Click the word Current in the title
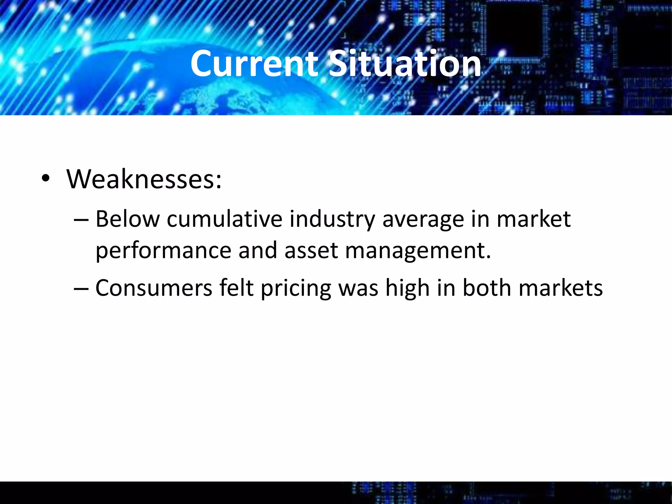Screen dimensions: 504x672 tap(254, 64)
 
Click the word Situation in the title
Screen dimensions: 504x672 tap(405, 64)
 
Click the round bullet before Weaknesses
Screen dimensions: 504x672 tap(46, 179)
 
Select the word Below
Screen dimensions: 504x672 tap(127, 219)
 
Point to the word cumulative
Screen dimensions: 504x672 tap(224, 219)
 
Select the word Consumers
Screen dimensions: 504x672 tap(154, 288)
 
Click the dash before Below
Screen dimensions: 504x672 tap(81, 220)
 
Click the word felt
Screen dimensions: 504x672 tap(236, 288)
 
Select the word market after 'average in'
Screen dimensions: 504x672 tap(534, 219)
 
